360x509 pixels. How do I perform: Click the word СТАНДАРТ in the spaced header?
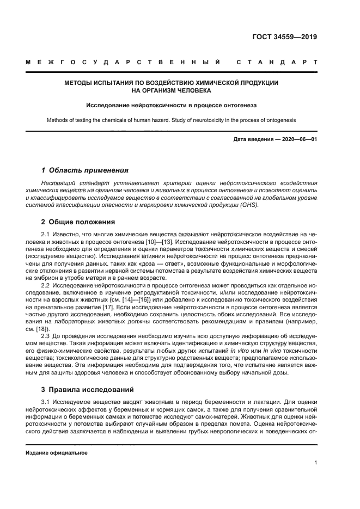pos(277,63)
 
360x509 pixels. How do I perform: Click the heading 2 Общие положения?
pos(78,222)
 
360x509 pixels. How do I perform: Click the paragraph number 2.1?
pos(46,234)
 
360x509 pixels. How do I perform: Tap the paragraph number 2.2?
pos(46,286)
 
